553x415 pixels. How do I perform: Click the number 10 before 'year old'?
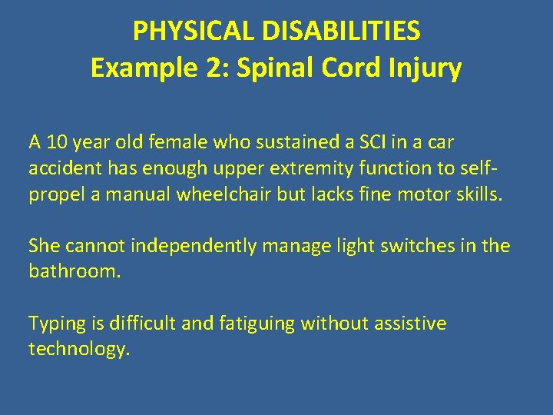55,142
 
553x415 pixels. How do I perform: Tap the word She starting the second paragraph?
44,246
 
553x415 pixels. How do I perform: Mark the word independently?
184,246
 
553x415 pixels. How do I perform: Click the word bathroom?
75,272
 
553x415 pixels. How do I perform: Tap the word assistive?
409,324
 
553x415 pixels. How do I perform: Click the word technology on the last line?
79,350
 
